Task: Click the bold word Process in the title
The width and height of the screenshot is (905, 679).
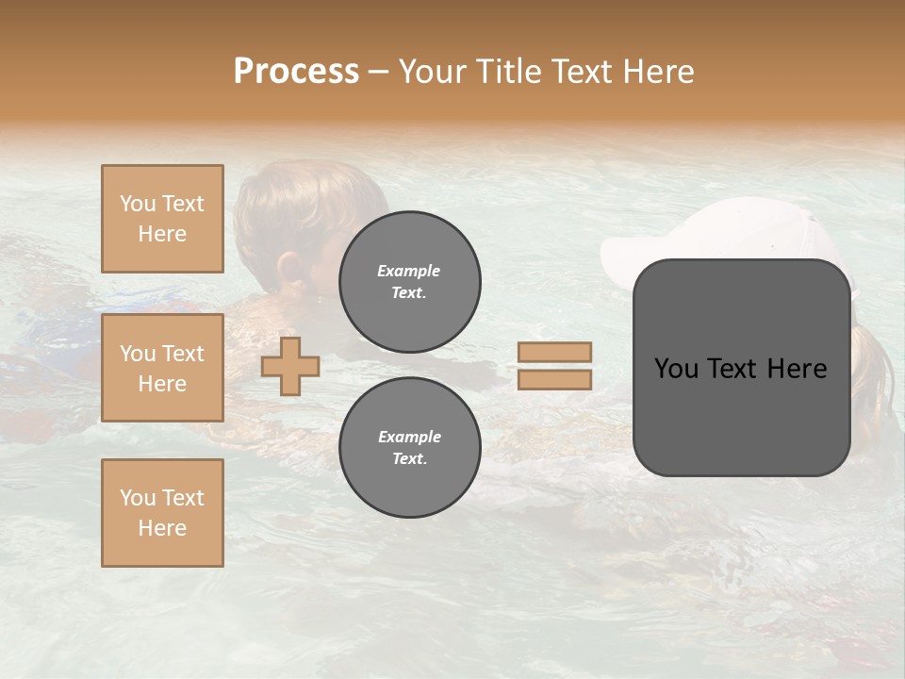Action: tap(296, 71)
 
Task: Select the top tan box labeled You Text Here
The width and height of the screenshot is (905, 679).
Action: tap(162, 219)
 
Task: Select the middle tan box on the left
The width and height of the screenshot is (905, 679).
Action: tap(162, 368)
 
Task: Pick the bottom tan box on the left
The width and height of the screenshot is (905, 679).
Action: tap(162, 513)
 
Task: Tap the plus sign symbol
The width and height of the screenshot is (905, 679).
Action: tap(290, 366)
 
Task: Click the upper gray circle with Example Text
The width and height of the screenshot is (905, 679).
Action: tap(409, 282)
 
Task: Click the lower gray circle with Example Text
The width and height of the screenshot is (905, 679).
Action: tap(409, 448)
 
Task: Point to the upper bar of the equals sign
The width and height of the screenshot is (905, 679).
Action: tap(554, 352)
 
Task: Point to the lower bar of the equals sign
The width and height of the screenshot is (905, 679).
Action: tap(554, 379)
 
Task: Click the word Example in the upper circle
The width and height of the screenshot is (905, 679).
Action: tap(409, 271)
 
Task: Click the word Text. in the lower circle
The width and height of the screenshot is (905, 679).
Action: tap(409, 459)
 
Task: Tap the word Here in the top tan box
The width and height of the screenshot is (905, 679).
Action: tap(162, 234)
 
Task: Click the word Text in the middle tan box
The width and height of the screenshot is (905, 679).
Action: tap(183, 354)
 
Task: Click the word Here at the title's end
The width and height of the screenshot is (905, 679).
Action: tap(657, 71)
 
